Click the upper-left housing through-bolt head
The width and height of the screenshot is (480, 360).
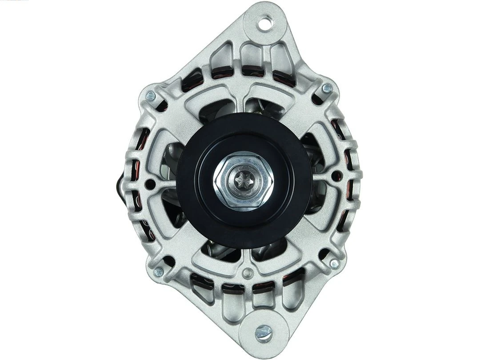[151, 95]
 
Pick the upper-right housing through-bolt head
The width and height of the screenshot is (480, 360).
[327, 88]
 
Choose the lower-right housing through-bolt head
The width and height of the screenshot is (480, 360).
[334, 264]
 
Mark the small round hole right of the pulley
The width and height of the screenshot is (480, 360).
[336, 175]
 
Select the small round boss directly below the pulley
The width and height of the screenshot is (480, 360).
[248, 272]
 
